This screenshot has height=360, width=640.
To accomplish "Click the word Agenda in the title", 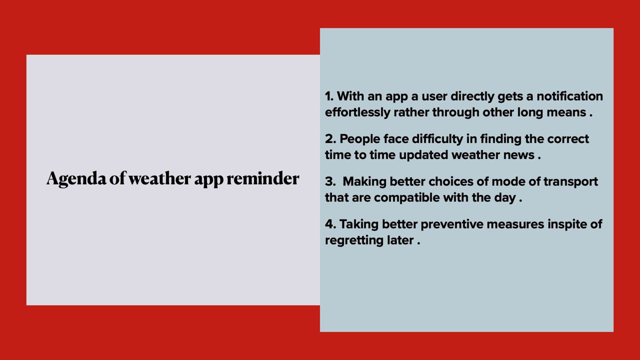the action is click(x=76, y=179).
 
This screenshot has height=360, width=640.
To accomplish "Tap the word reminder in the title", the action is click(x=263, y=178).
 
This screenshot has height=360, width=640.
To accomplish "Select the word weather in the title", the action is click(x=159, y=178).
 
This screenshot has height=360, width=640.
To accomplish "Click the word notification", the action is click(x=569, y=96).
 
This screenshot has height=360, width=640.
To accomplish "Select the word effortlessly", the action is click(x=357, y=112).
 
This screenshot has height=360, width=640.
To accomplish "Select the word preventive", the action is click(x=452, y=224).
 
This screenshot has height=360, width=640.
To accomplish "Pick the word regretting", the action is click(x=354, y=240).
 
